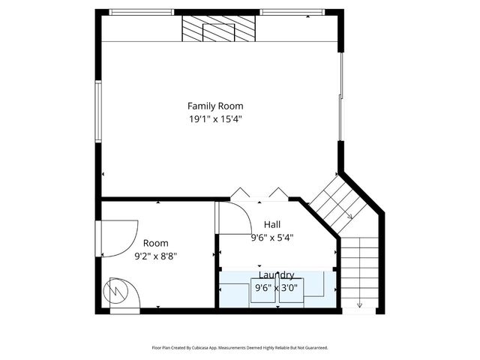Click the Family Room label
click(215, 106)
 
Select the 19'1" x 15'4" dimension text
click(215, 118)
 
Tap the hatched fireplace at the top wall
click(218, 29)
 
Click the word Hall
click(271, 224)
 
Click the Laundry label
click(277, 275)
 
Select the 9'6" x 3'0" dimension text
click(277, 287)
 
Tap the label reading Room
click(156, 243)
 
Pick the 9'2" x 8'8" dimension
click(156, 256)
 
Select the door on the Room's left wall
click(118, 238)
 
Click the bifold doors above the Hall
click(259, 193)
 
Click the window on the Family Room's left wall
click(97, 110)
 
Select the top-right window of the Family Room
click(292, 12)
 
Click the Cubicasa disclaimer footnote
click(240, 348)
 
